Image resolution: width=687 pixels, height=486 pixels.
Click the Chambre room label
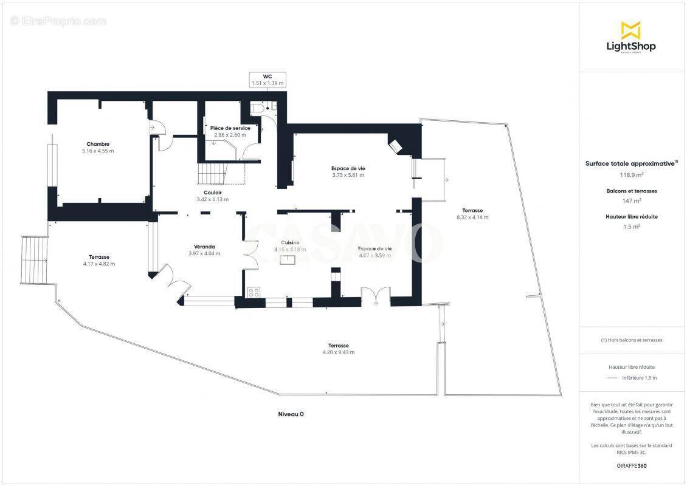point(98,144)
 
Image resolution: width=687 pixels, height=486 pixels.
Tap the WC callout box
point(268,80)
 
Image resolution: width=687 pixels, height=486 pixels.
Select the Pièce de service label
point(230,128)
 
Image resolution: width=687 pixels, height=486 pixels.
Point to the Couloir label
point(213,193)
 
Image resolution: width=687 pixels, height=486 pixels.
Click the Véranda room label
point(204,247)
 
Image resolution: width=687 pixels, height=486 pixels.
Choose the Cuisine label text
point(290,242)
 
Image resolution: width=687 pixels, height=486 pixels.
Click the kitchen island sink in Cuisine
point(288,259)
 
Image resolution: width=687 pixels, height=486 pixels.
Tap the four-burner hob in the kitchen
point(254,292)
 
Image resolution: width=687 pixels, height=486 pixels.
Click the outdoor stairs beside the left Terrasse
point(34,260)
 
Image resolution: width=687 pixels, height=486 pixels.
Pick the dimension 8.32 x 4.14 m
point(472,217)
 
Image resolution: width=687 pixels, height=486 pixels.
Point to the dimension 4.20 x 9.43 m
point(339,352)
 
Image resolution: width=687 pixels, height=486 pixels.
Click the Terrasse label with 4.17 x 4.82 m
point(99,257)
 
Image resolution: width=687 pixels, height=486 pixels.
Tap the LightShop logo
point(631,38)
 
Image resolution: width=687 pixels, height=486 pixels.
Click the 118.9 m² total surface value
point(631,175)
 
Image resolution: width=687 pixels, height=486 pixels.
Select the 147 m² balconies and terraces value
point(632,200)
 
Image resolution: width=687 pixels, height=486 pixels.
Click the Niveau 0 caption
point(291,414)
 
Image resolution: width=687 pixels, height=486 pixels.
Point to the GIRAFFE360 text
point(631,466)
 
